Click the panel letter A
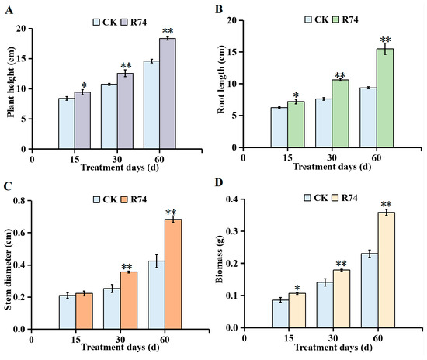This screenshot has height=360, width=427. pos(9,10)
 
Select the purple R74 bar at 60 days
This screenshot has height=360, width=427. pos(168,94)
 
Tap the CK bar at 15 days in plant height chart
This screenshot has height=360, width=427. pos(67,123)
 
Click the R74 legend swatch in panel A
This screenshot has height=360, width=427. pos(124,22)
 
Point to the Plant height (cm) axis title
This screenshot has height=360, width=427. pos(11,82)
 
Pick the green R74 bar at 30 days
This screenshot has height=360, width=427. pos(340,113)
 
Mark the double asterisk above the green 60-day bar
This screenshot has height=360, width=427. pos(385,40)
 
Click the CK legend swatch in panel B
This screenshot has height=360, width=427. pos(308,19)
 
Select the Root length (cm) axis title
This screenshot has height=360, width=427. pos(221,79)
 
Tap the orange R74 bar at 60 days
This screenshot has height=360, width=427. pos(173,275)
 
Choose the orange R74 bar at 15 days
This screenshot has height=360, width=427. pos(84,311)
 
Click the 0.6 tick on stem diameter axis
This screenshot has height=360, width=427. pos(19,233)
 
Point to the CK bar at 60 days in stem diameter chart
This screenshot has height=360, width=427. pos(157,296)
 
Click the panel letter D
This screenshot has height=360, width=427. pos(219,182)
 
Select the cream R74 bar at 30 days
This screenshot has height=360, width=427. pos(342,299)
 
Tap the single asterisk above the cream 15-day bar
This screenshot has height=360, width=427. pos(297,288)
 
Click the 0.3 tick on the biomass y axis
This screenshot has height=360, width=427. pos(232,231)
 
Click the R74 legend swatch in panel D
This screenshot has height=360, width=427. pos(335,198)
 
